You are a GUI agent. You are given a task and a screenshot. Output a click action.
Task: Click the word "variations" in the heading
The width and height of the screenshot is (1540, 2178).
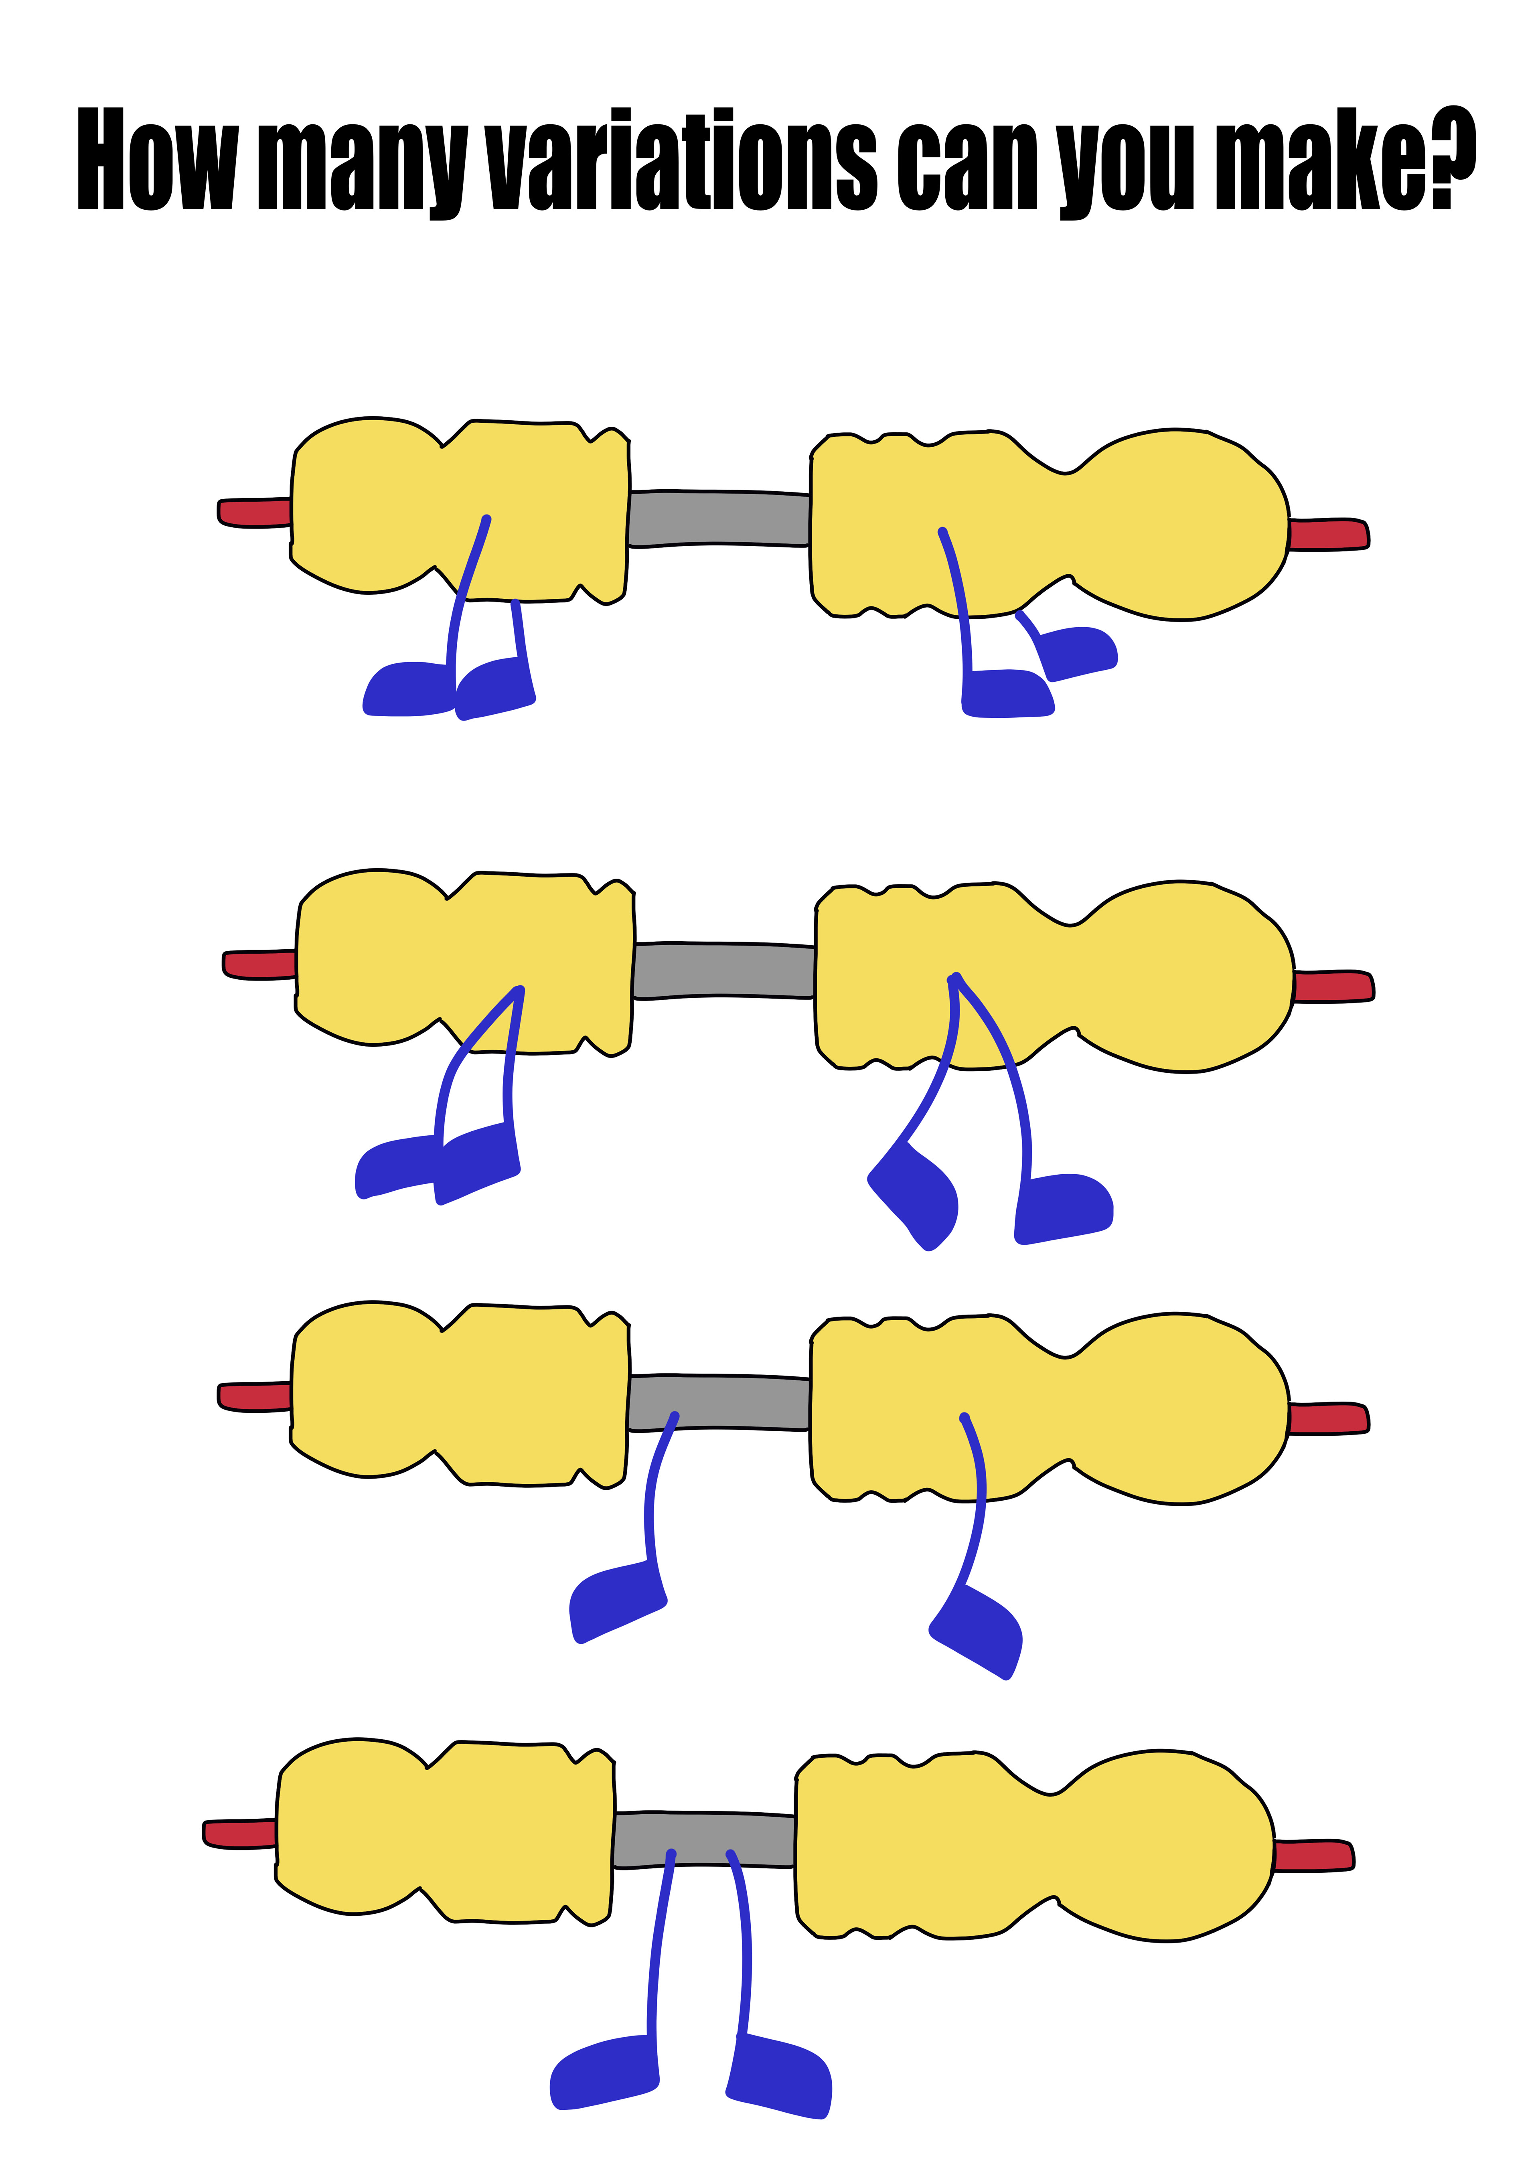(x=681, y=161)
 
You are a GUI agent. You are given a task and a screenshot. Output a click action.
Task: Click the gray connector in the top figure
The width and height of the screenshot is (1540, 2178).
(x=719, y=518)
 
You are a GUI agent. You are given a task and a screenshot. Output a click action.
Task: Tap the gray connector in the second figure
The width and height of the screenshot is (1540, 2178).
(x=724, y=969)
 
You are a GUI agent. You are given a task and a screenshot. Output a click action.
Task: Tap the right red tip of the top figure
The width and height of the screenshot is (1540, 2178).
(x=1328, y=534)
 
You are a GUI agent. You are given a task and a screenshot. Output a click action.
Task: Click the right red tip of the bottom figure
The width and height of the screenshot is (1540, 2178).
(x=1313, y=1856)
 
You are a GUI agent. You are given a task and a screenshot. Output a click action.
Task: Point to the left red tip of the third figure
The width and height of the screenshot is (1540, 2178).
(x=254, y=1396)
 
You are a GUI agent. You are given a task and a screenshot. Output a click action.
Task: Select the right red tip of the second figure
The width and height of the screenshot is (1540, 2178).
(x=1333, y=987)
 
